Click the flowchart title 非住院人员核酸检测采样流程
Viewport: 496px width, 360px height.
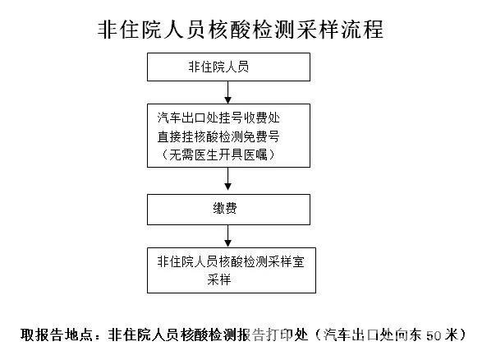click(241, 30)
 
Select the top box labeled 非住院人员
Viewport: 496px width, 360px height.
click(228, 67)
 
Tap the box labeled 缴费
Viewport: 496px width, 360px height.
click(228, 210)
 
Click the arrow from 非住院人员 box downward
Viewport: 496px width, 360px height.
click(227, 92)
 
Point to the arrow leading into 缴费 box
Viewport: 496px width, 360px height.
click(227, 178)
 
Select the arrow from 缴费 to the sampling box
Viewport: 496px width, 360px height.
click(227, 236)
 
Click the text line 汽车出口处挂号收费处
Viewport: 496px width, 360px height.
click(218, 118)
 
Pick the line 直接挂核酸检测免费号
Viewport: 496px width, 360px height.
click(218, 136)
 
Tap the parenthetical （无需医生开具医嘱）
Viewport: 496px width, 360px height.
click(218, 155)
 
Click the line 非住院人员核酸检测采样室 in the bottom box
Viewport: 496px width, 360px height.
click(231, 262)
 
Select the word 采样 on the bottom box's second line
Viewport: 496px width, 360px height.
click(219, 280)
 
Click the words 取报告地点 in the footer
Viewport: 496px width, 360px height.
click(57, 335)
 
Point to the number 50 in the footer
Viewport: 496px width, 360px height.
click(434, 335)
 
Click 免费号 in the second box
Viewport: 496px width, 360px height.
click(262, 136)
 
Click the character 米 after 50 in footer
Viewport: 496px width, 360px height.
click(451, 335)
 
